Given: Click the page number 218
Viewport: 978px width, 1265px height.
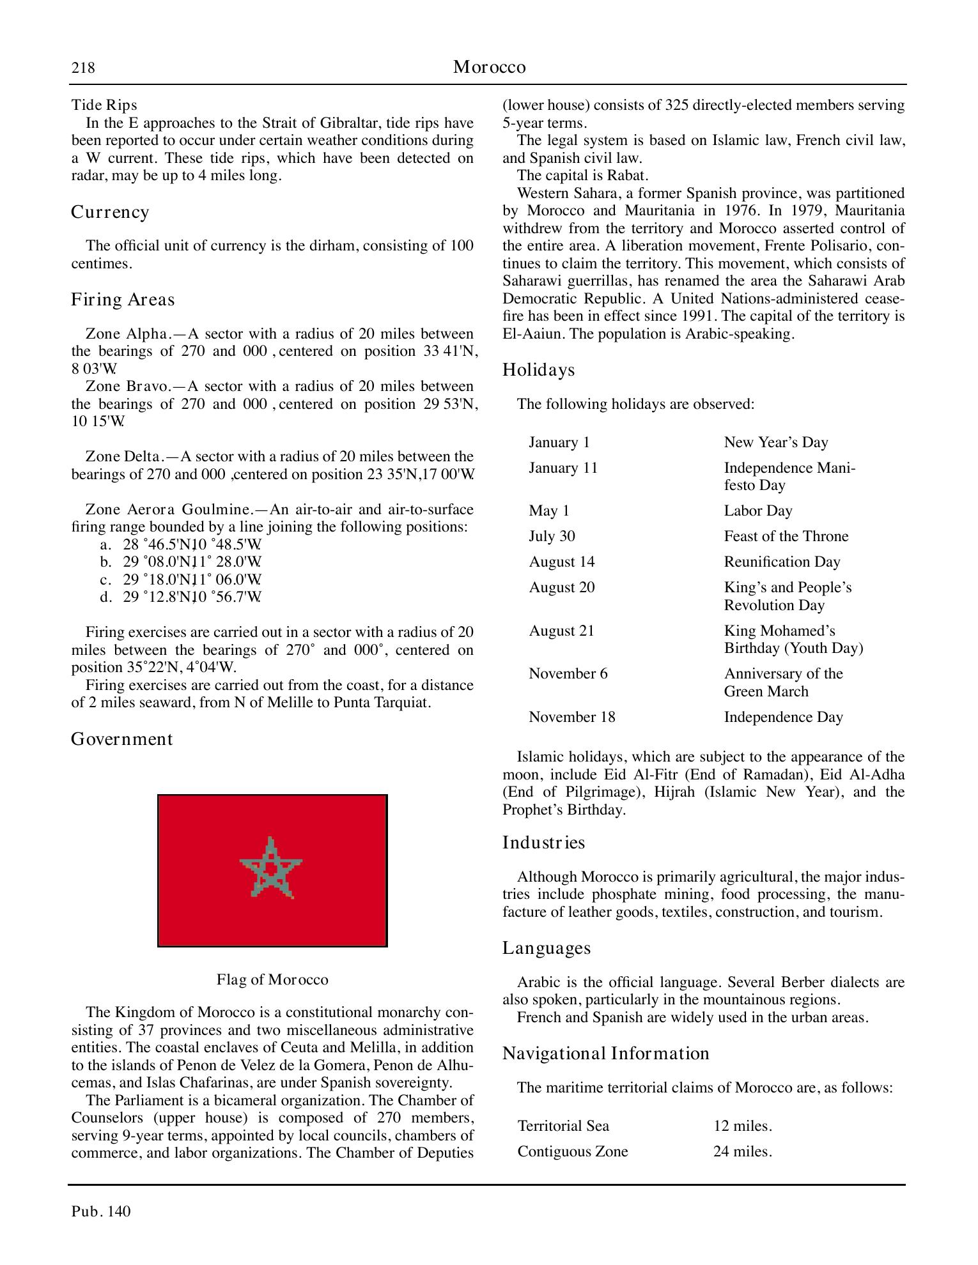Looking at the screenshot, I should point(83,68).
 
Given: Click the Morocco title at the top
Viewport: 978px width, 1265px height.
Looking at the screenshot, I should point(489,67).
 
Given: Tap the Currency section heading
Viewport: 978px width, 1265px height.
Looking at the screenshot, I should point(110,212).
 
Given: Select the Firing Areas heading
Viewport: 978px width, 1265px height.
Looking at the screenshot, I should point(122,300).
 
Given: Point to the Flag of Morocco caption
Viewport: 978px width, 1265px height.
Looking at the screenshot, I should point(272,979).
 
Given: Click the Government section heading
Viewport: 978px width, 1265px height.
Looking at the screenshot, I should point(121,739).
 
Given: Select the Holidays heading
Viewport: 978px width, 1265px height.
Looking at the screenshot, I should point(538,370).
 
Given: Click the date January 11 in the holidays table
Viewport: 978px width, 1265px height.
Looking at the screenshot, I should point(563,468).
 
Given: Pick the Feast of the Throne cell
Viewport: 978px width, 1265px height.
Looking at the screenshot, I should point(786,537).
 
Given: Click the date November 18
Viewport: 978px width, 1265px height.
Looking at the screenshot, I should point(571,717).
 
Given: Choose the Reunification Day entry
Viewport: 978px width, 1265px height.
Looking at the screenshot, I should point(782,562).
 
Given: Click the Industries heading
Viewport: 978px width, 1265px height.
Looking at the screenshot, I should point(543,843).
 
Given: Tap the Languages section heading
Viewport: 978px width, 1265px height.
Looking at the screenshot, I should point(546,948).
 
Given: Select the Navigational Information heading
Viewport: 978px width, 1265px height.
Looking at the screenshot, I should point(605,1054).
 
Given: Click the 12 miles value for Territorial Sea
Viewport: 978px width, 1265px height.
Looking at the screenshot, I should point(742,1126).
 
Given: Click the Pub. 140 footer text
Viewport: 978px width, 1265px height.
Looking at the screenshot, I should point(101,1211).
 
